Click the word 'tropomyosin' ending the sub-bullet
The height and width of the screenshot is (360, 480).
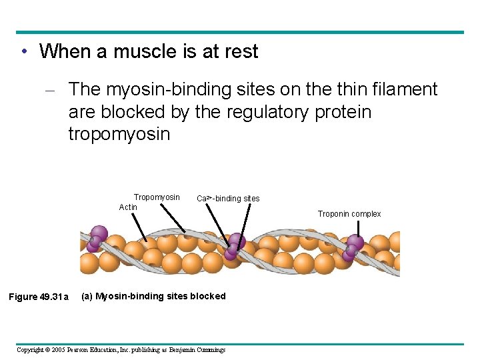(119, 134)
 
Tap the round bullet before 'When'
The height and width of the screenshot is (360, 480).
(23, 51)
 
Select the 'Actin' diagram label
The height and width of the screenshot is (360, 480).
(128, 207)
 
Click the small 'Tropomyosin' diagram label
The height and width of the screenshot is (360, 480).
(157, 197)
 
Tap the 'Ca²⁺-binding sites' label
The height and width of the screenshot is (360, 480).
(228, 199)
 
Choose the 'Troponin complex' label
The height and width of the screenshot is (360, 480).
(349, 214)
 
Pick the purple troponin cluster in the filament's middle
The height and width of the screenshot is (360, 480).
(235, 245)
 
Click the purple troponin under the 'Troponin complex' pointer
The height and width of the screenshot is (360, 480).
(353, 247)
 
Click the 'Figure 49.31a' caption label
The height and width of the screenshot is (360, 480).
(38, 297)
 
